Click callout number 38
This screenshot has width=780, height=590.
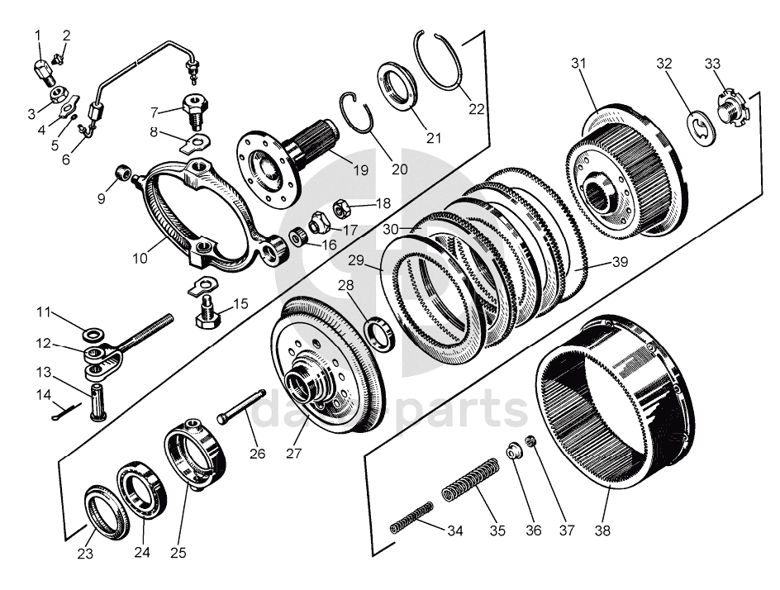click(602, 531)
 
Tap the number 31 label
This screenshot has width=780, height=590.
click(578, 63)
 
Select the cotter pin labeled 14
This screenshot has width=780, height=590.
click(65, 411)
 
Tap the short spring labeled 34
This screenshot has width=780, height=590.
click(411, 517)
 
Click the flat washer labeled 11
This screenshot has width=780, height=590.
click(93, 333)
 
